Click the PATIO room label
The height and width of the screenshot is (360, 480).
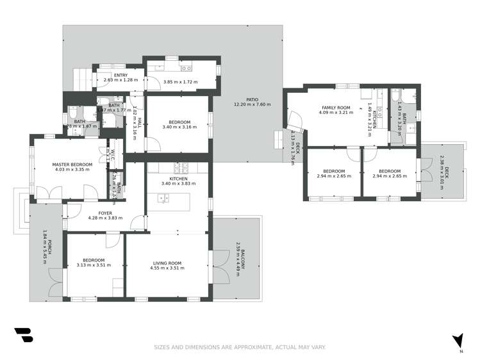252,99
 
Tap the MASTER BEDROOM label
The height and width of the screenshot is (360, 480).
72,165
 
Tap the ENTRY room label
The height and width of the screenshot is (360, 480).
120,75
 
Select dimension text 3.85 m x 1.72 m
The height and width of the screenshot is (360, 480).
181,82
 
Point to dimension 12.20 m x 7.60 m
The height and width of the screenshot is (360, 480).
252,104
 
